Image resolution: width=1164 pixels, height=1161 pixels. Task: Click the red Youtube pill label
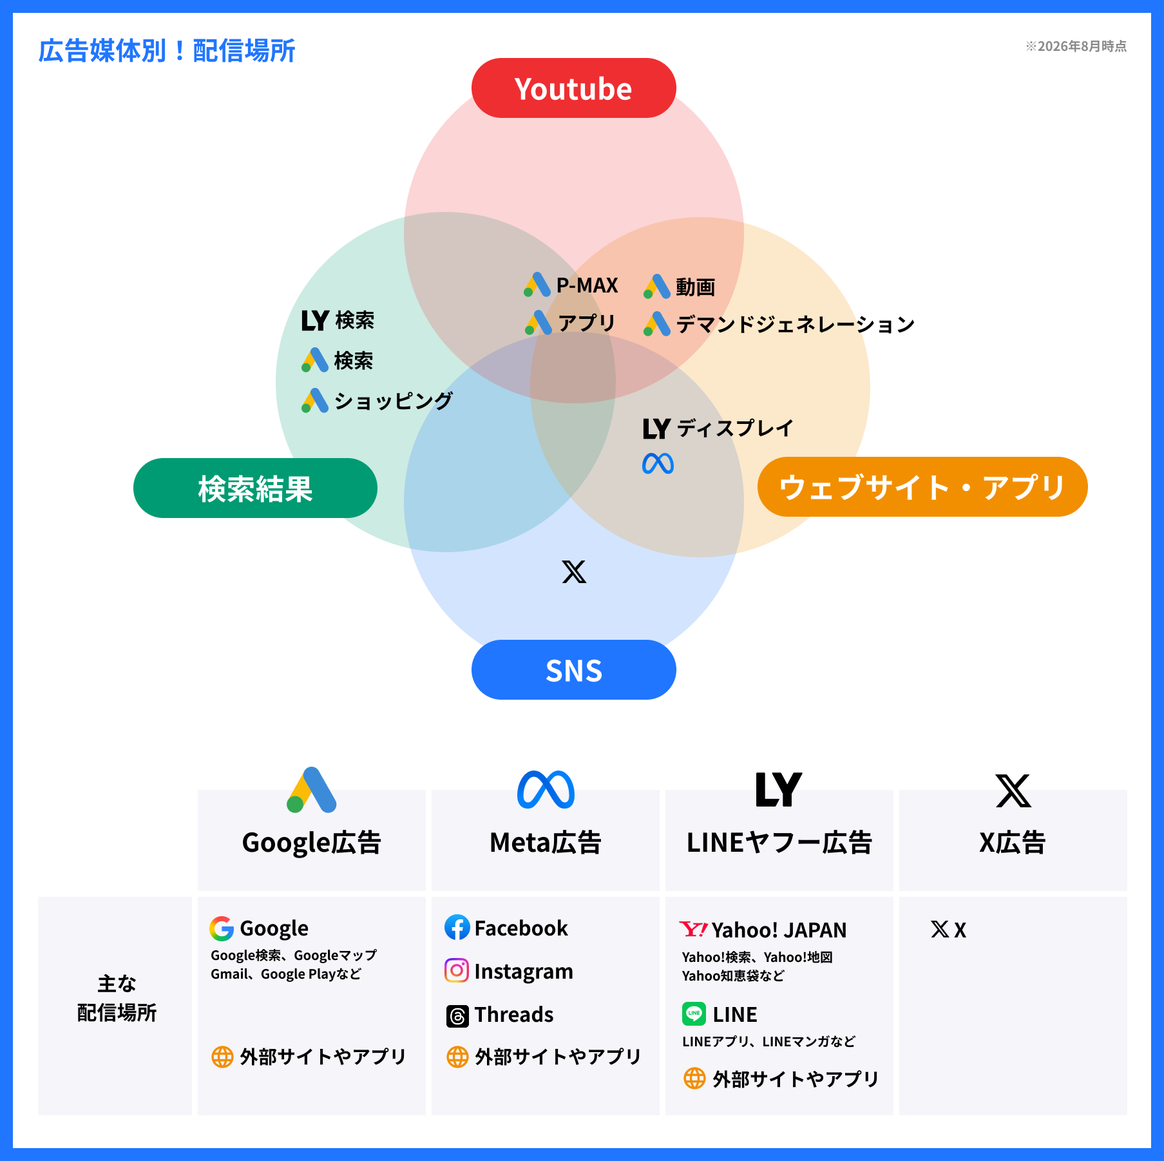point(573,88)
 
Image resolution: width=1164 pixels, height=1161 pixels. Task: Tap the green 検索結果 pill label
point(255,488)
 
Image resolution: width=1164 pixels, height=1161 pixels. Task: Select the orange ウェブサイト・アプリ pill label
point(922,486)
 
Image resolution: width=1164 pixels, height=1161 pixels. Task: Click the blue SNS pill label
point(573,669)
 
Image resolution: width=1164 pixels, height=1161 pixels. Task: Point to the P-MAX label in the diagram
point(587,285)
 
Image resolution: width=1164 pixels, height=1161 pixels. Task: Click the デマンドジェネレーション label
point(796,324)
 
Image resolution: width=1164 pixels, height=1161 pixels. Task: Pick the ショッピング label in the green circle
point(394,401)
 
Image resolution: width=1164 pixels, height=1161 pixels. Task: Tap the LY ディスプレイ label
point(718,428)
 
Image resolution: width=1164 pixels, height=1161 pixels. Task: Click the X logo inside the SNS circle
point(574,571)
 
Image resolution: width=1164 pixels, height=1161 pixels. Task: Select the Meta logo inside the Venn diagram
point(658,464)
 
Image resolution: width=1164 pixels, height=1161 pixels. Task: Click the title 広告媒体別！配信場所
point(167,51)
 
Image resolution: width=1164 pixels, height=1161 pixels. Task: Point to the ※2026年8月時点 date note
point(1076,46)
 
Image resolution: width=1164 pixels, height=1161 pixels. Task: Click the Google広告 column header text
point(312,843)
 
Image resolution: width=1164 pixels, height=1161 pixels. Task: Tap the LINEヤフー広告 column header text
point(779,843)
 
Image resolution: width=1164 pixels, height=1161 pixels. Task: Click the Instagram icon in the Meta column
point(457,970)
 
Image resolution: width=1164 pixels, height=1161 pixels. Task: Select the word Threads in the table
point(514,1015)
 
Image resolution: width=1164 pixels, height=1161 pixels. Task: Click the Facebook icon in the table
point(457,927)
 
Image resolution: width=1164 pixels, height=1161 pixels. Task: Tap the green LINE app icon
point(694,1013)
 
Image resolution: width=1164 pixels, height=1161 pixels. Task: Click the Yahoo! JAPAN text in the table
point(779,930)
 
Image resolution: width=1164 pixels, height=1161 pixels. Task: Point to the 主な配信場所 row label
point(117,998)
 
